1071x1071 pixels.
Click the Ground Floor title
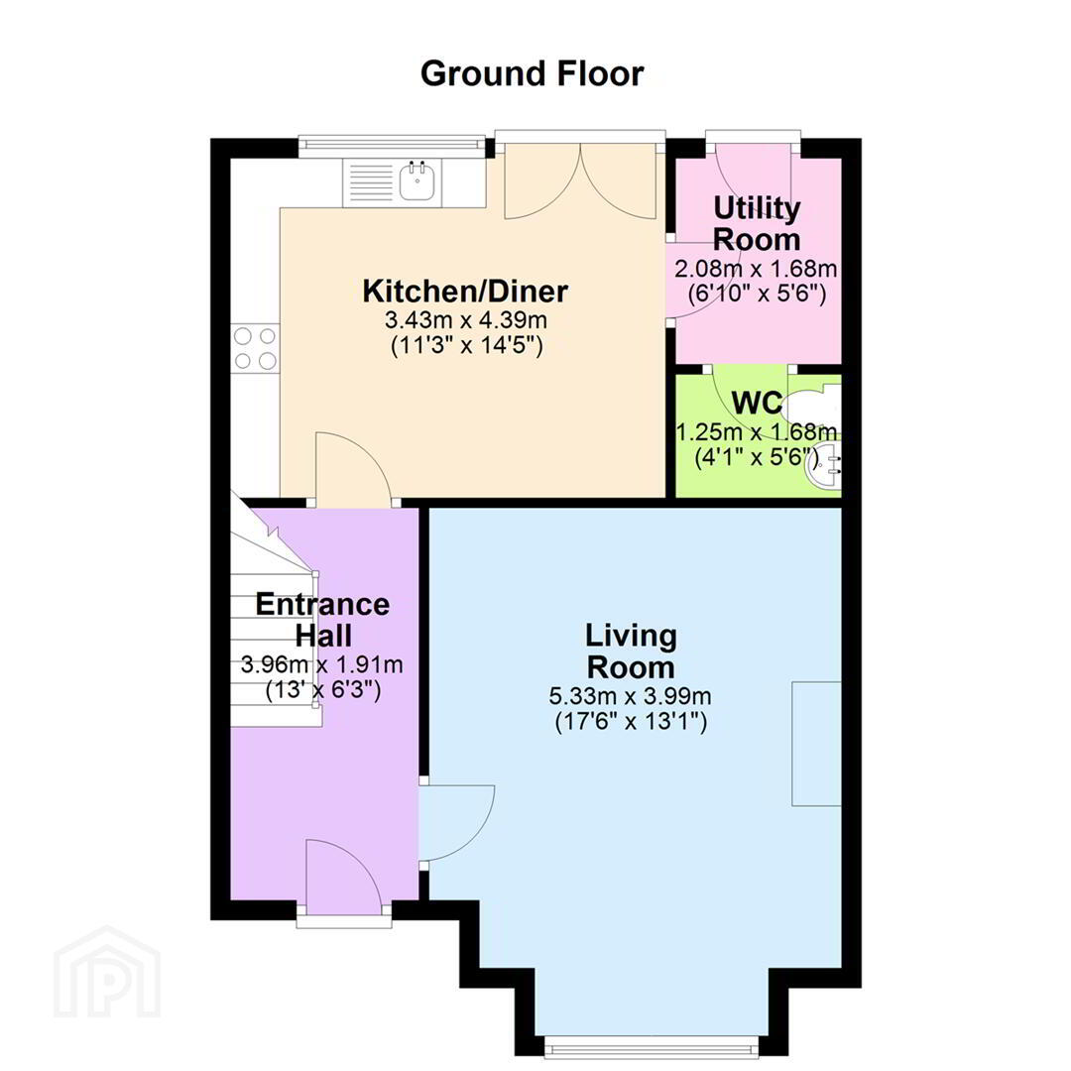[x=533, y=73]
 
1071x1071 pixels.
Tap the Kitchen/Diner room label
[x=465, y=292]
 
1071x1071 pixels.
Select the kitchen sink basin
[x=416, y=180]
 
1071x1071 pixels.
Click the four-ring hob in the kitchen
[x=256, y=348]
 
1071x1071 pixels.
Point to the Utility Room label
[x=757, y=224]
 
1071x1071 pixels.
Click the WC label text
[x=757, y=403]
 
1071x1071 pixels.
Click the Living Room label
[x=631, y=652]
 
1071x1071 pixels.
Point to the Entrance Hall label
[x=323, y=620]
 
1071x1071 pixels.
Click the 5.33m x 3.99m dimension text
[x=631, y=697]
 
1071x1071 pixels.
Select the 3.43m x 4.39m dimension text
[x=466, y=319]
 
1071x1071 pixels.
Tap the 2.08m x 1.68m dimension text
[x=756, y=269]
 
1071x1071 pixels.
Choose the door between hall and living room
[x=456, y=822]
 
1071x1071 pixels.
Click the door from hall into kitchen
[x=353, y=470]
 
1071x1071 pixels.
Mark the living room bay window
[x=651, y=1045]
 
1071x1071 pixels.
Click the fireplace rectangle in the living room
[x=817, y=743]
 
